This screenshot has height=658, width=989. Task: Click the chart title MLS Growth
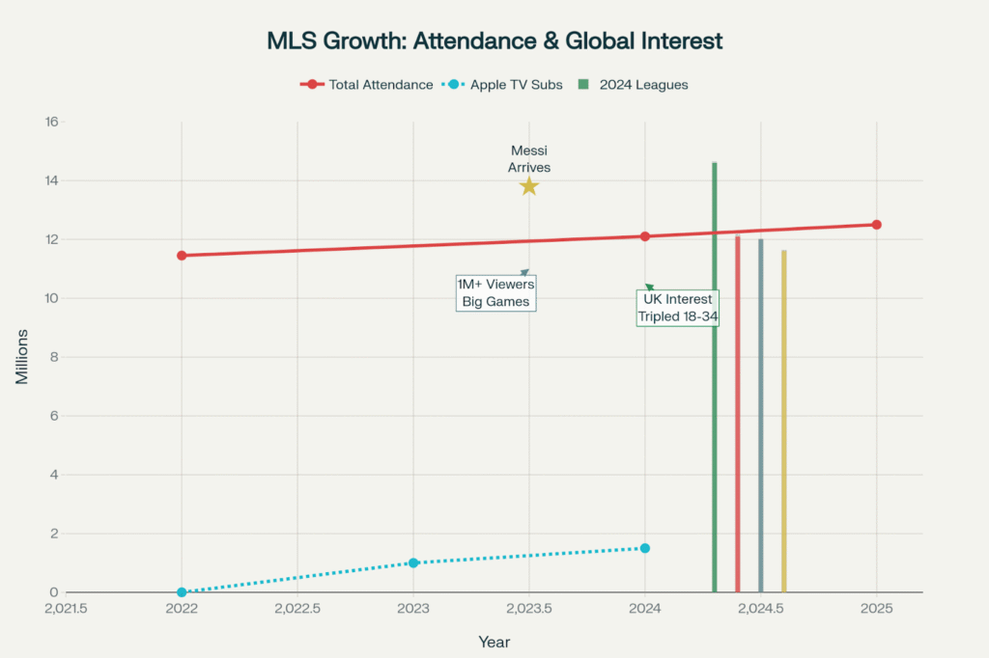pos(494,41)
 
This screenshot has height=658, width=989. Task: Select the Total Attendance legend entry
pos(366,85)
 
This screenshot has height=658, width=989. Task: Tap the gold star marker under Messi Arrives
pos(528,185)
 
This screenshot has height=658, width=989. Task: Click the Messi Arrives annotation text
pos(529,158)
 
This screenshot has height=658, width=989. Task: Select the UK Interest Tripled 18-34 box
pos(677,308)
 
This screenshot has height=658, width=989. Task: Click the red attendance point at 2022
pos(182,256)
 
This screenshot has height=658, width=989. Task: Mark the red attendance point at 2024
pos(645,236)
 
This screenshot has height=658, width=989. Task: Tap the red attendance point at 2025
pos(877,225)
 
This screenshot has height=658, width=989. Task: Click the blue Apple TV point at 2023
pos(413,562)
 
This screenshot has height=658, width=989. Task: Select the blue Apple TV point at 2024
pos(645,548)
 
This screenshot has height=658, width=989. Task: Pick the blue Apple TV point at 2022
pos(182,591)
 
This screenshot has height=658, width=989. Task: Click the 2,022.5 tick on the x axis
pos(297,609)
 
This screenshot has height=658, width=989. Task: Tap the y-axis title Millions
pos(21,357)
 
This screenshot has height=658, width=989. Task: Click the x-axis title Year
pos(494,642)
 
